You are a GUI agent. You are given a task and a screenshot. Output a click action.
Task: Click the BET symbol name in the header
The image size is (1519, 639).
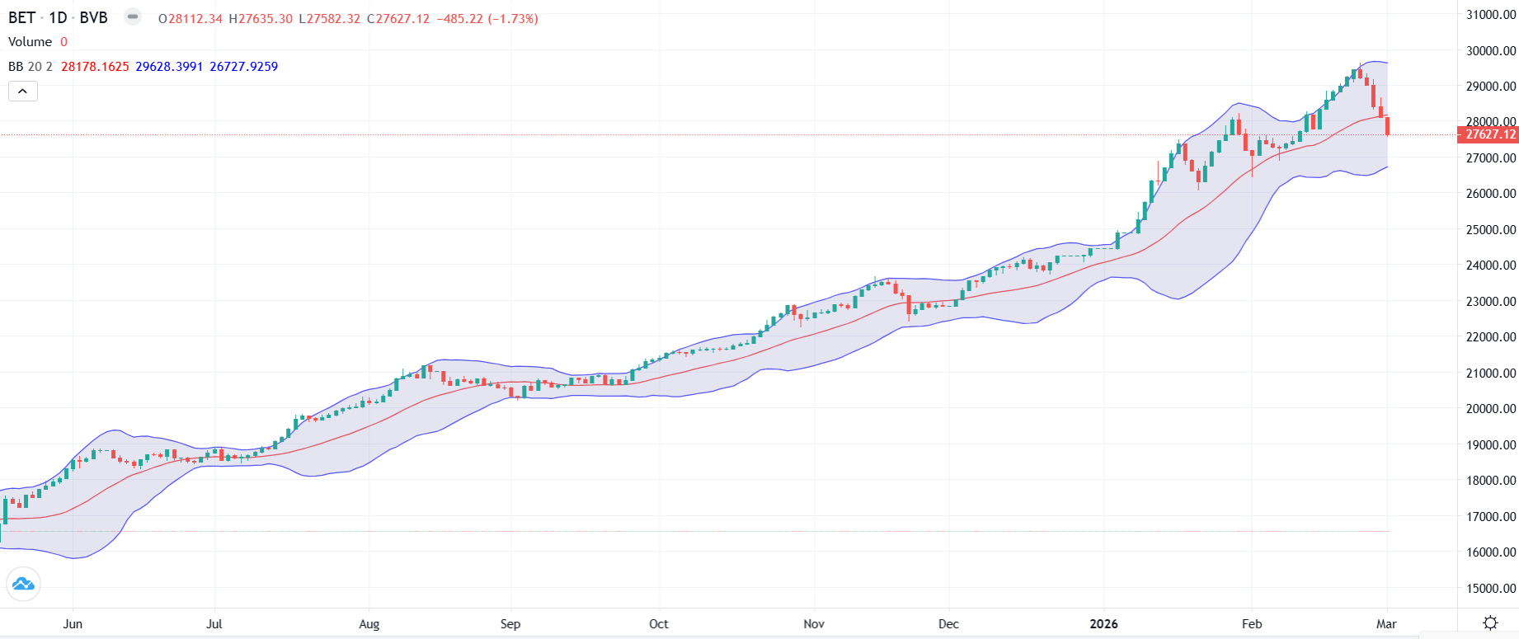[21, 17]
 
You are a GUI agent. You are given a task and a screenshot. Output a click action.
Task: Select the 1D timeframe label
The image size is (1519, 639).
[58, 17]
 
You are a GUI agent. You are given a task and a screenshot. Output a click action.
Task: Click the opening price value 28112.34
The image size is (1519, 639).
[195, 18]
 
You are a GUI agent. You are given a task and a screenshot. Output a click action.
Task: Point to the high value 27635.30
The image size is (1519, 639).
[266, 18]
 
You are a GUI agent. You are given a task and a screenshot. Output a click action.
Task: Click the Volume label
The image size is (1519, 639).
[30, 42]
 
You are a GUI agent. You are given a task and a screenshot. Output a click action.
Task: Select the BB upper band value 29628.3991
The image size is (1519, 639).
[169, 67]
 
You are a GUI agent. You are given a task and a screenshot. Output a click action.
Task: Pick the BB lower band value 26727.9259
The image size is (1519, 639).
[243, 67]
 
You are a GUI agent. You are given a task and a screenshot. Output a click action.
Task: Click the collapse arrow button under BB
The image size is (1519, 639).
[23, 92]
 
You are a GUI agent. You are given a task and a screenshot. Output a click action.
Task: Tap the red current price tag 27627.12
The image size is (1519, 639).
[1489, 134]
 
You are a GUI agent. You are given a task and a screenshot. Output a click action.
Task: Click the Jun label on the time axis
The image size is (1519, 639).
[73, 624]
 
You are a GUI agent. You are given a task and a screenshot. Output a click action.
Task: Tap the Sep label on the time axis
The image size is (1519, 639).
[510, 624]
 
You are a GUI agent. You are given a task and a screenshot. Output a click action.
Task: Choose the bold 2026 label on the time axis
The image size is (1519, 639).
[1103, 624]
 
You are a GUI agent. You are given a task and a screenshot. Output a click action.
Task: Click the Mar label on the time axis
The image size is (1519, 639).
[1386, 624]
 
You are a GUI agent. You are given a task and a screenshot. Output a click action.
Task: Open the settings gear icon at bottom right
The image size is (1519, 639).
[1490, 623]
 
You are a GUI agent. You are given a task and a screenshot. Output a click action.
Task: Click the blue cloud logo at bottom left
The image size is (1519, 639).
[23, 585]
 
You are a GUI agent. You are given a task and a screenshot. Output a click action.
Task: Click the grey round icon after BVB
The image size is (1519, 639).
[133, 16]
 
